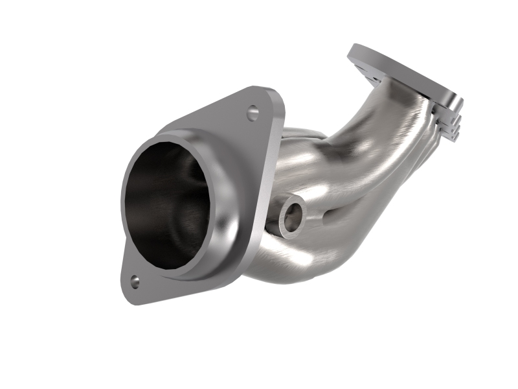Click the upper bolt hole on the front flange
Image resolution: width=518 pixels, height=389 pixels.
(x=253, y=113)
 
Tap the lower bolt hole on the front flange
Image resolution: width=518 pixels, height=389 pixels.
(x=135, y=281)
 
